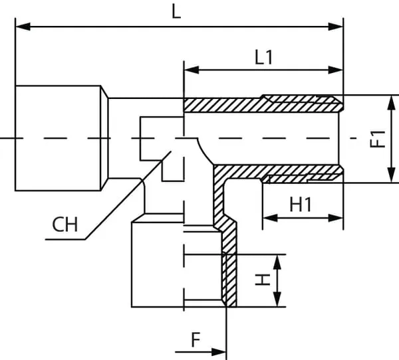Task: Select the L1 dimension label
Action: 264,57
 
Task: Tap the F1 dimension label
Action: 378,139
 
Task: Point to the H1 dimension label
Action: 301,205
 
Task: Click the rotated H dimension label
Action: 264,280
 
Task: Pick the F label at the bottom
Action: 196,340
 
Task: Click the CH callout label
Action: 65,225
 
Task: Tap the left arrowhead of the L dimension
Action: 20,27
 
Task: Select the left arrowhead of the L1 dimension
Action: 190,69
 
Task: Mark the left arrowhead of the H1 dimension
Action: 268,218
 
